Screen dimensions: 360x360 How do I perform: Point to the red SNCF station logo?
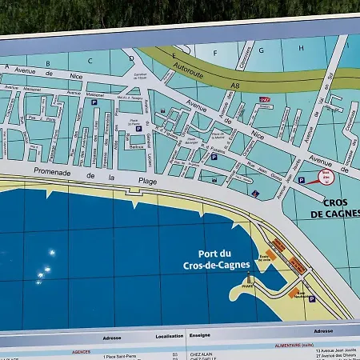[x=265, y=100]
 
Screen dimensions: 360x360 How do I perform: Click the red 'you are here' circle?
[x=325, y=178]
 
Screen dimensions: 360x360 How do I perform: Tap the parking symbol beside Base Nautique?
[x=311, y=298]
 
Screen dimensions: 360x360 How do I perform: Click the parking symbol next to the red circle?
[x=301, y=181]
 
